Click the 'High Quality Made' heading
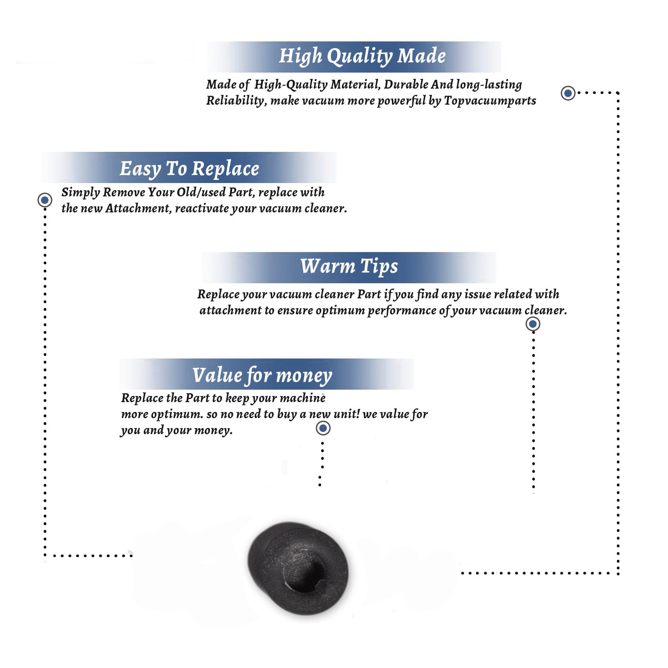[x=362, y=57]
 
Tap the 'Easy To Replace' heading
[x=189, y=169]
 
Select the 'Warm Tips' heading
[x=349, y=267]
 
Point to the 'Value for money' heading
[x=262, y=375]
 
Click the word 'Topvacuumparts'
[x=490, y=101]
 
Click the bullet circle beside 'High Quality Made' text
[x=568, y=93]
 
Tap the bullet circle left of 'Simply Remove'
[x=45, y=200]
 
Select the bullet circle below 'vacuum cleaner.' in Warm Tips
[x=533, y=324]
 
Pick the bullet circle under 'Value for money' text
[x=323, y=428]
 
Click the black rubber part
[x=298, y=569]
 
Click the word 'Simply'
[x=81, y=192]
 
